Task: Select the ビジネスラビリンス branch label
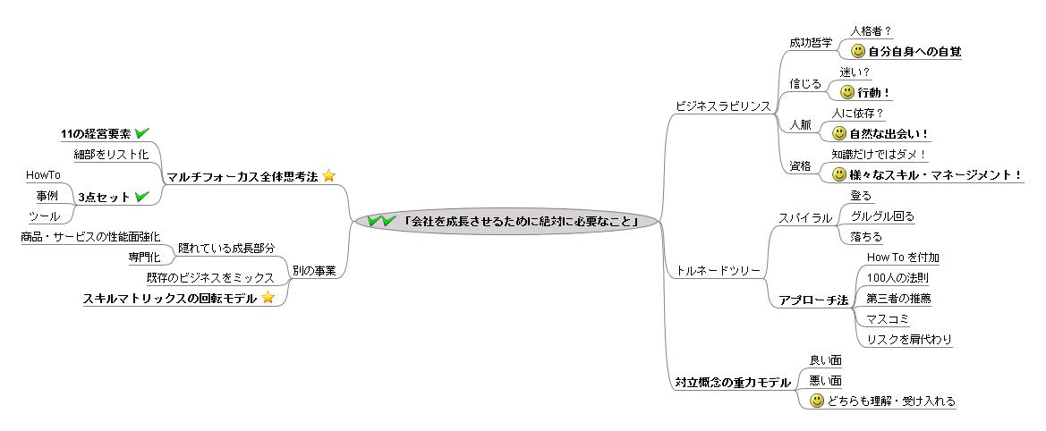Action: [722, 106]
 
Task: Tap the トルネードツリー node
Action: [718, 269]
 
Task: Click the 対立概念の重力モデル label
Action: [733, 383]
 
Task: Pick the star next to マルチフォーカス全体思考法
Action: [328, 176]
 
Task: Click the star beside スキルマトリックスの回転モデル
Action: [267, 298]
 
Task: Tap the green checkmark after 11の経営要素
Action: [141, 133]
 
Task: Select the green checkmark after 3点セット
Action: [140, 196]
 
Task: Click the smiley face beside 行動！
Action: [847, 92]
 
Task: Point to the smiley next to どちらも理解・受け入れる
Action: [816, 401]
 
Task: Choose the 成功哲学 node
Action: [811, 42]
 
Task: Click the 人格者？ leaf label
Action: [871, 31]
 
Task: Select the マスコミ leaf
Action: [885, 318]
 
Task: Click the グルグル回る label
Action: [882, 216]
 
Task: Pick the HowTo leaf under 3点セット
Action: [43, 175]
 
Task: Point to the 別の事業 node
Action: [314, 270]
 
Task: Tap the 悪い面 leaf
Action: [825, 380]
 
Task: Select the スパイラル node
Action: [805, 217]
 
